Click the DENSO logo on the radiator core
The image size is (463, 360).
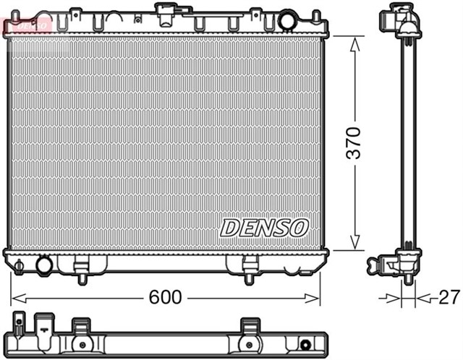click(x=264, y=227)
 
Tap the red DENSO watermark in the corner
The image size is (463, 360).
click(x=25, y=25)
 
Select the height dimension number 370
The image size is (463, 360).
click(x=352, y=144)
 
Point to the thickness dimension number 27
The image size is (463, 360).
click(x=446, y=297)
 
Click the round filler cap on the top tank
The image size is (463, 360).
click(x=287, y=21)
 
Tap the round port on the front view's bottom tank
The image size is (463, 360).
click(x=44, y=265)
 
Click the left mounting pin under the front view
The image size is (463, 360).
click(x=81, y=277)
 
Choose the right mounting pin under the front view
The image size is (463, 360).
click(x=249, y=277)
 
